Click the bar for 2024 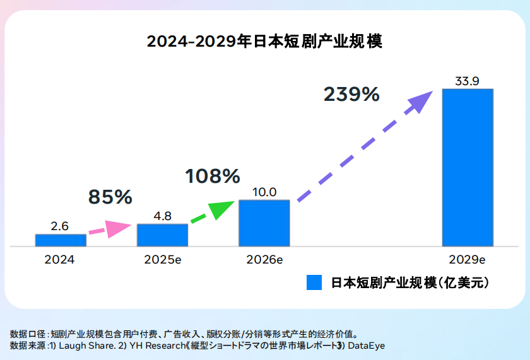pyautogui.click(x=61, y=240)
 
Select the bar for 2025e pyautogui.click(x=162, y=235)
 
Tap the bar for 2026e pyautogui.click(x=264, y=223)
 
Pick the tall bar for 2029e pyautogui.click(x=468, y=167)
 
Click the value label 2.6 pyautogui.click(x=60, y=226)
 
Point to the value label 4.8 pyautogui.click(x=162, y=216)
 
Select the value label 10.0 pyautogui.click(x=264, y=192)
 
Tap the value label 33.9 pyautogui.click(x=468, y=81)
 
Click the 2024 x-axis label pyautogui.click(x=59, y=259)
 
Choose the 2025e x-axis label pyautogui.click(x=162, y=259)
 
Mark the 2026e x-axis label pyautogui.click(x=264, y=259)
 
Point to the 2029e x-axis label pyautogui.click(x=468, y=259)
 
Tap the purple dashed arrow pyautogui.click(x=366, y=146)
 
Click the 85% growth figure pyautogui.click(x=110, y=197)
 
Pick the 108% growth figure pyautogui.click(x=213, y=176)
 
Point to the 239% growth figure pyautogui.click(x=351, y=95)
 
